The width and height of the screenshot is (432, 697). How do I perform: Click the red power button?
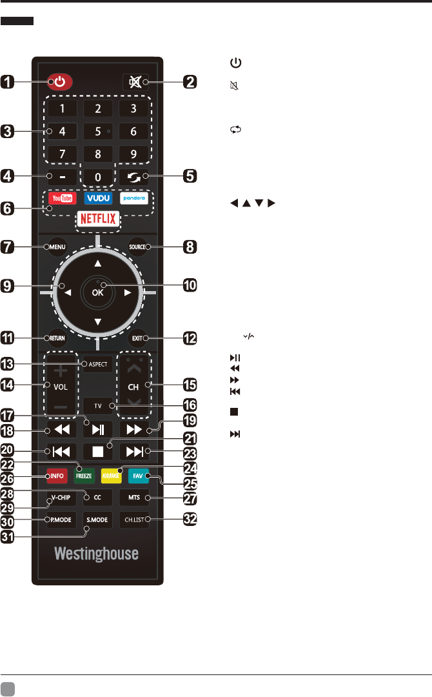tap(59, 82)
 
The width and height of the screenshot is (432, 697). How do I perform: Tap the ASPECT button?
tap(98, 364)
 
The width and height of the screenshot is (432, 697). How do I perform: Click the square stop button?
tap(98, 450)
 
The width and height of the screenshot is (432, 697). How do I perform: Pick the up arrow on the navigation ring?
tap(98, 263)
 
